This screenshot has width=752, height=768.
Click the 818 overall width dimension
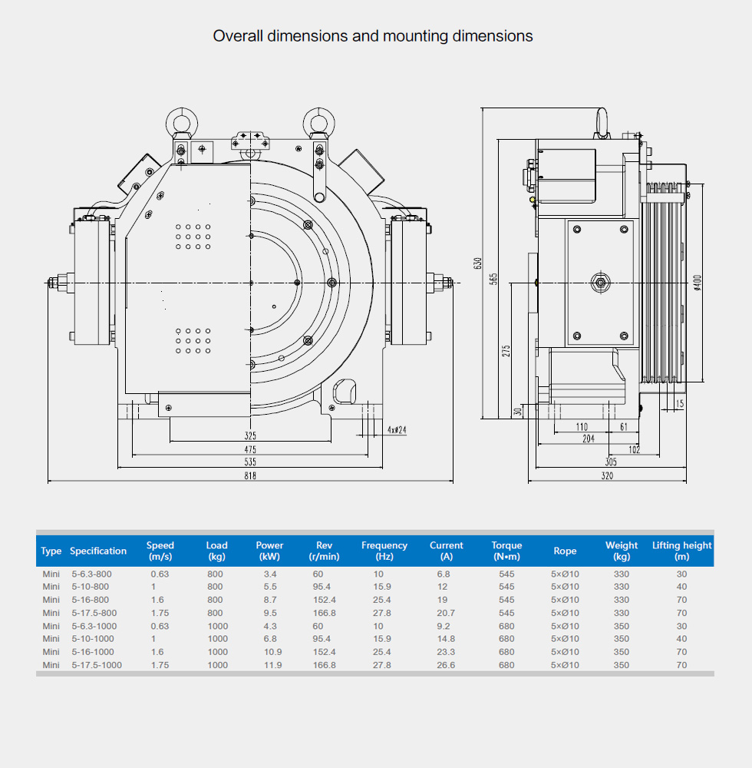tap(250, 476)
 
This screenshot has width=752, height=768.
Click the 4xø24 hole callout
tap(397, 430)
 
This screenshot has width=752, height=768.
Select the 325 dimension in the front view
tap(250, 435)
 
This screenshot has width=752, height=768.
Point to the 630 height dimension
tap(478, 263)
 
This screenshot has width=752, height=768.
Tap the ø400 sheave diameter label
tap(697, 283)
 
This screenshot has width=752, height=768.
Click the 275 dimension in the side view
tap(506, 350)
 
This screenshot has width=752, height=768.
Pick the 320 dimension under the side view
tap(607, 476)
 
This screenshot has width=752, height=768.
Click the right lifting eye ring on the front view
tap(317, 121)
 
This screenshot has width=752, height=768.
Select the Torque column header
tap(506, 551)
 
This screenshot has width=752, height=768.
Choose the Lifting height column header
tap(681, 551)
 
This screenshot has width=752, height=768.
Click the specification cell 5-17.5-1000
tap(97, 665)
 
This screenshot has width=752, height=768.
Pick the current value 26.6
tap(446, 665)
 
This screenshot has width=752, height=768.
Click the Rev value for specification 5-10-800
tap(322, 587)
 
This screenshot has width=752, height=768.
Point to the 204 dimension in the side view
tap(588, 439)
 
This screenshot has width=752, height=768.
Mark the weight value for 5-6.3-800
tap(622, 574)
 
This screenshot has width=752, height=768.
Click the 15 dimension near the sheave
tap(681, 404)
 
